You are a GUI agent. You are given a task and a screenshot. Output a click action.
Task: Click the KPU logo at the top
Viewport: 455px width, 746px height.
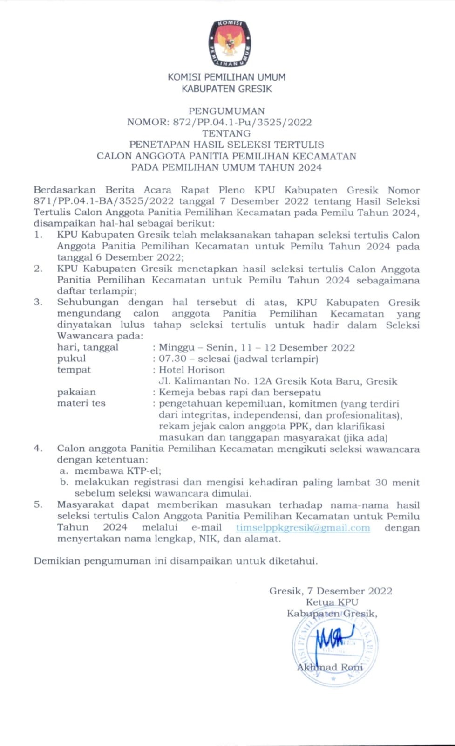point(229,43)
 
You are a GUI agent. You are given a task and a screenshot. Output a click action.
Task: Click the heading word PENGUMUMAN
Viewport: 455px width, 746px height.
point(226,111)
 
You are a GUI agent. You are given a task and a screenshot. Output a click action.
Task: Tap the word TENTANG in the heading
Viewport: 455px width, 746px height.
point(226,133)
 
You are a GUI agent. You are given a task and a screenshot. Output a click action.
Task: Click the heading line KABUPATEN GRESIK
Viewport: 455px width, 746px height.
point(226,89)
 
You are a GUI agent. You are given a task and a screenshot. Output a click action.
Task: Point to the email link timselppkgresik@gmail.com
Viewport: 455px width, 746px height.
point(303,527)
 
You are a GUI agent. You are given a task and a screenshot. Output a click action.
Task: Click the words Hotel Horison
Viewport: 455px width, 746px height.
point(192,370)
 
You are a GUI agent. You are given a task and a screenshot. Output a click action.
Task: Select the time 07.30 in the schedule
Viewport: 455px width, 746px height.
point(172,359)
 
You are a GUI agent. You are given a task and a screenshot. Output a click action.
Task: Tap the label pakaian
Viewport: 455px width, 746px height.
point(76,392)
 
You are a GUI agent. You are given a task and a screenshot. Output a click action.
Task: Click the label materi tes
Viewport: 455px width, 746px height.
point(81,403)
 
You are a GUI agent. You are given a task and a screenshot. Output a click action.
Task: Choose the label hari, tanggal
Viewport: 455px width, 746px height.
point(88,347)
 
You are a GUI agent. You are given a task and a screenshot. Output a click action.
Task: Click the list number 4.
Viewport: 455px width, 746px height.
point(38,449)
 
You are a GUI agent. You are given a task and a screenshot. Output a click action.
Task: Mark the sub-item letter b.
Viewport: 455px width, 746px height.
point(64,482)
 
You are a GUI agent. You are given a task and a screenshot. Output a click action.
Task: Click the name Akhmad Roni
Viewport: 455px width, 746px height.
point(330,667)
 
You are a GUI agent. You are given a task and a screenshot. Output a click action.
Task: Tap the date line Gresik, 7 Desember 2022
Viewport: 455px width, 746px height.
point(331,591)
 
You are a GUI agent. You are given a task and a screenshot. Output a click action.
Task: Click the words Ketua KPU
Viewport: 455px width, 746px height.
point(332,602)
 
